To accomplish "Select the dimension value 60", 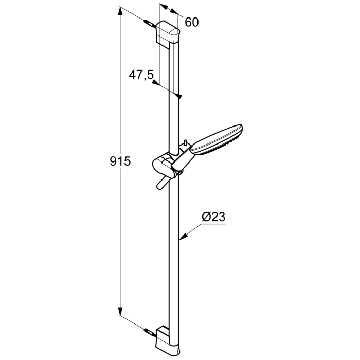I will tap(191, 22).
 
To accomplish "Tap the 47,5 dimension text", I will tap(141, 75).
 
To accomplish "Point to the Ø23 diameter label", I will tap(213, 217).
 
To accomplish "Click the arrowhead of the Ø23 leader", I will tap(182, 238).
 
